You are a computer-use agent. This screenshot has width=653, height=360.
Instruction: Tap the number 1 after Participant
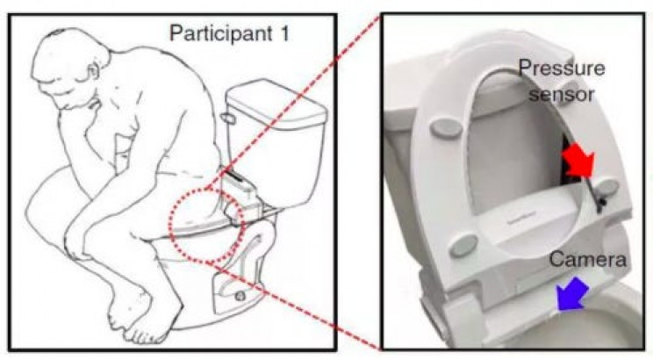(284, 32)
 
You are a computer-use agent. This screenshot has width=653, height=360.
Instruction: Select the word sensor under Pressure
(561, 94)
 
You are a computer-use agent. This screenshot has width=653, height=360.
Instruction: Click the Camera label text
(588, 260)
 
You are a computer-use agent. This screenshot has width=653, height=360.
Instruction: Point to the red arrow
(578, 160)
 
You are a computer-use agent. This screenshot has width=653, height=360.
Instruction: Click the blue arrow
(572, 294)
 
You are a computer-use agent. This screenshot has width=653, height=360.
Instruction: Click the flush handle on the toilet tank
(228, 119)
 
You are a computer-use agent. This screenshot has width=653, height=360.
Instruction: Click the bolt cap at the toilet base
(240, 296)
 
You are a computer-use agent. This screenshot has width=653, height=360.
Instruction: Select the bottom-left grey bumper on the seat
(463, 246)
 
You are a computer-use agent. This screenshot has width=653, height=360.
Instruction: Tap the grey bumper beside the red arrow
(607, 188)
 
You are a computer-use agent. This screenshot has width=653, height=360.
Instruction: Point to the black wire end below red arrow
(600, 204)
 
